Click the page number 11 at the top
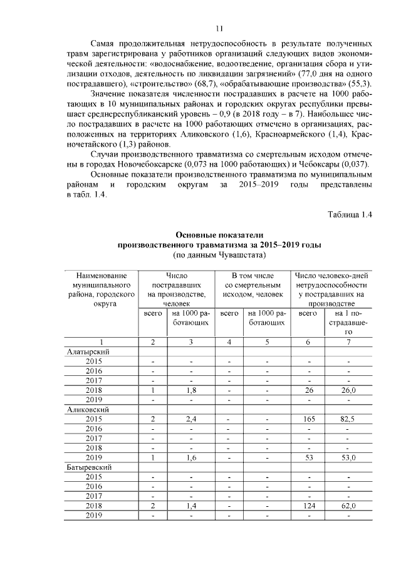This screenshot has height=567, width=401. (x=219, y=28)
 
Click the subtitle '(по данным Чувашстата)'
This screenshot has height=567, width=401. (x=219, y=256)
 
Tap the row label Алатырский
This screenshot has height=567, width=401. (x=88, y=351)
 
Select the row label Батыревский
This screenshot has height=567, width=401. (x=90, y=467)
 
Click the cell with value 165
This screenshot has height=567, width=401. (x=308, y=419)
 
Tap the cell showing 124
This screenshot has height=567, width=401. (x=308, y=506)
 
